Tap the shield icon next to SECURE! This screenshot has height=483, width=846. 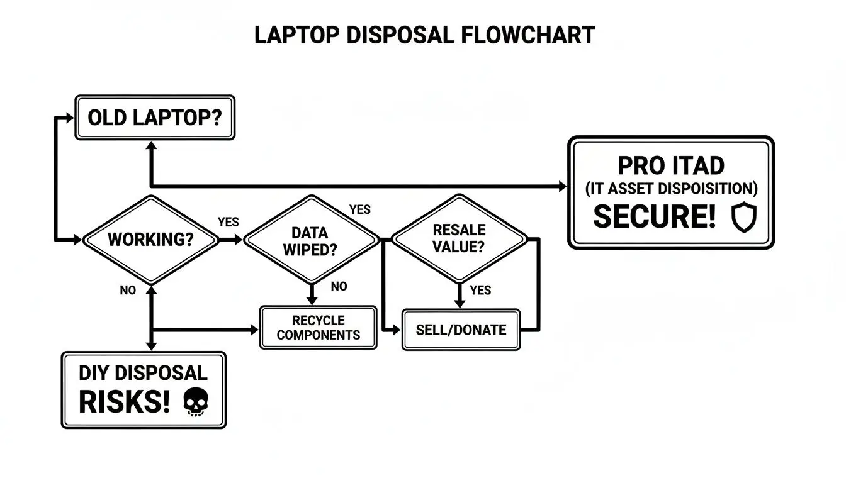coord(743,218)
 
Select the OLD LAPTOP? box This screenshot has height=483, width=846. coord(155,118)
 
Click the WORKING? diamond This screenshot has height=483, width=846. coord(150,240)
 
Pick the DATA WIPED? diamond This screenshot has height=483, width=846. coord(311,240)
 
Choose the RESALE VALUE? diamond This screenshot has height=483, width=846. coord(460,238)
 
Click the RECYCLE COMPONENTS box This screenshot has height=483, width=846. coord(318,328)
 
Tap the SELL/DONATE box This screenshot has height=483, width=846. coord(461,330)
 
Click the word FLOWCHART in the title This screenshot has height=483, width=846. coord(527,35)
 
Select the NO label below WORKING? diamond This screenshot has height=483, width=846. coord(128,291)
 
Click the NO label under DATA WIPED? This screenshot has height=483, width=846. coord(339,287)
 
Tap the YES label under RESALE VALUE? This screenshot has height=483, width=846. coord(480,291)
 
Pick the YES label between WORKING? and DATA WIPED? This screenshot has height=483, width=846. coord(228,222)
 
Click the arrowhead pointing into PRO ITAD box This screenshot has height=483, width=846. coord(562,186)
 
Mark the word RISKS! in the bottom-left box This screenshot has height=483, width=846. coord(124,402)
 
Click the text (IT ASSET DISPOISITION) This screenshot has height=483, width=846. coord(671,189)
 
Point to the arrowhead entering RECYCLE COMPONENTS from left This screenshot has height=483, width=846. coord(255,330)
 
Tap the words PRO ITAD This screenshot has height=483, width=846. coord(671,165)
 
